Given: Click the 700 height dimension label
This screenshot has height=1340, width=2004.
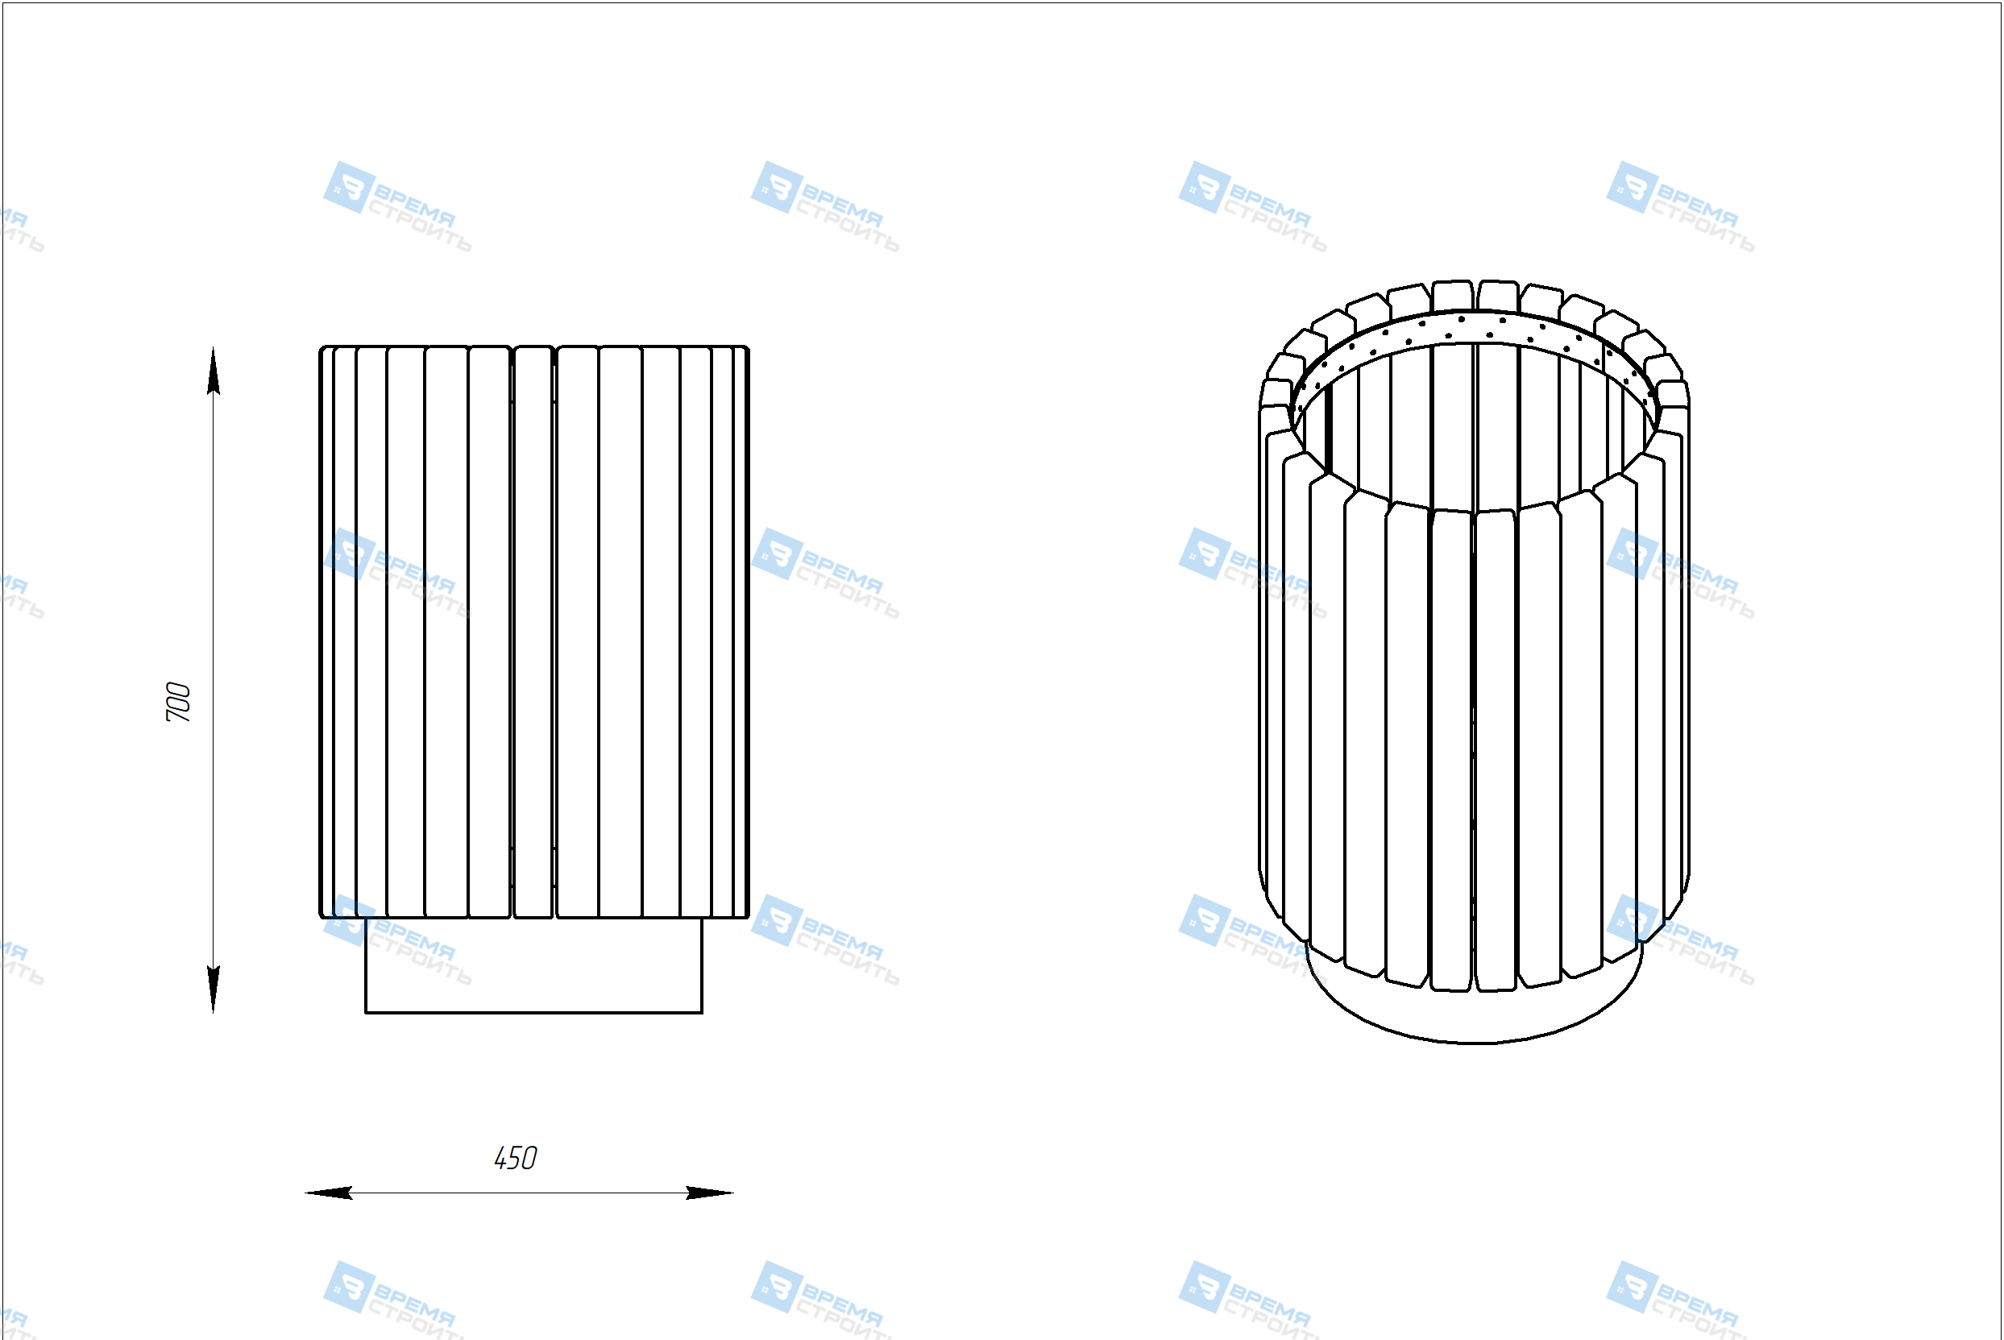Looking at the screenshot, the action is pos(178,702).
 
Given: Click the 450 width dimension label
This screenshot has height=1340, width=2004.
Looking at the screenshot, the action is pos(516,1158).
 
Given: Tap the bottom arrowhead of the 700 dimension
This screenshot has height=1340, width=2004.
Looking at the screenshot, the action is pos(213,989).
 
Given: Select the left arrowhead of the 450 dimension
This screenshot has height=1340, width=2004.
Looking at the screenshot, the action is pos(329,1193).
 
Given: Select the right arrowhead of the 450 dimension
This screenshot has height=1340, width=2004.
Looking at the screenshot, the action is pos(710,1193).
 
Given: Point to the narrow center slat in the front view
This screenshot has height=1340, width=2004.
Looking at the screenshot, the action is pos(533,633).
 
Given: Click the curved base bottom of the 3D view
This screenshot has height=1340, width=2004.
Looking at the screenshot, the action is pos(1474,1042).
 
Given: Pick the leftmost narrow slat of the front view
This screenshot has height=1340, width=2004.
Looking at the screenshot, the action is pos(326,633).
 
